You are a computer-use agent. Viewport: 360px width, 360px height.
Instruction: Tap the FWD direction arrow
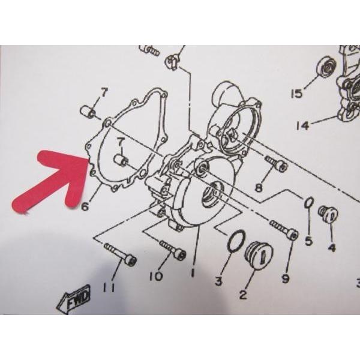click(x=74, y=298)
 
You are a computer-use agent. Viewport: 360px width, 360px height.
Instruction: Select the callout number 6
click(x=85, y=206)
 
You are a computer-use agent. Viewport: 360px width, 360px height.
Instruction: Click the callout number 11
click(x=108, y=287)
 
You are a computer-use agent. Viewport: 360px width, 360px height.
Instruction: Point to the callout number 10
click(x=156, y=276)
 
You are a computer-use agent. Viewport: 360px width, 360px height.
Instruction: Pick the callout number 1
click(x=193, y=272)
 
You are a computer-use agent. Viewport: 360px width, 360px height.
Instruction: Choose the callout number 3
click(x=218, y=281)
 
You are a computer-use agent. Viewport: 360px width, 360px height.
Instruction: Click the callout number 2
click(x=243, y=295)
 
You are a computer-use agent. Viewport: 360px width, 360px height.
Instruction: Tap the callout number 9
click(x=286, y=278)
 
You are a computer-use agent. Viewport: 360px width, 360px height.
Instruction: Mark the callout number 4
click(x=332, y=247)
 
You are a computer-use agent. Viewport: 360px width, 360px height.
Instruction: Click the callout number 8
click(x=259, y=188)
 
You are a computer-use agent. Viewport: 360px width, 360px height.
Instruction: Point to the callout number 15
click(x=297, y=94)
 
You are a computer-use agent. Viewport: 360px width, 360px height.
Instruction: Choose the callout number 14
click(x=302, y=125)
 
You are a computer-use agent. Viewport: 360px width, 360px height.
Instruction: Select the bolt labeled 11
click(x=120, y=254)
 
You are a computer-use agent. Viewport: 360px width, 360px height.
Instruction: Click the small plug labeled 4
click(x=328, y=214)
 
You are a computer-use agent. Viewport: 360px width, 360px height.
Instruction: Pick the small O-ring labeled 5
click(x=309, y=203)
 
